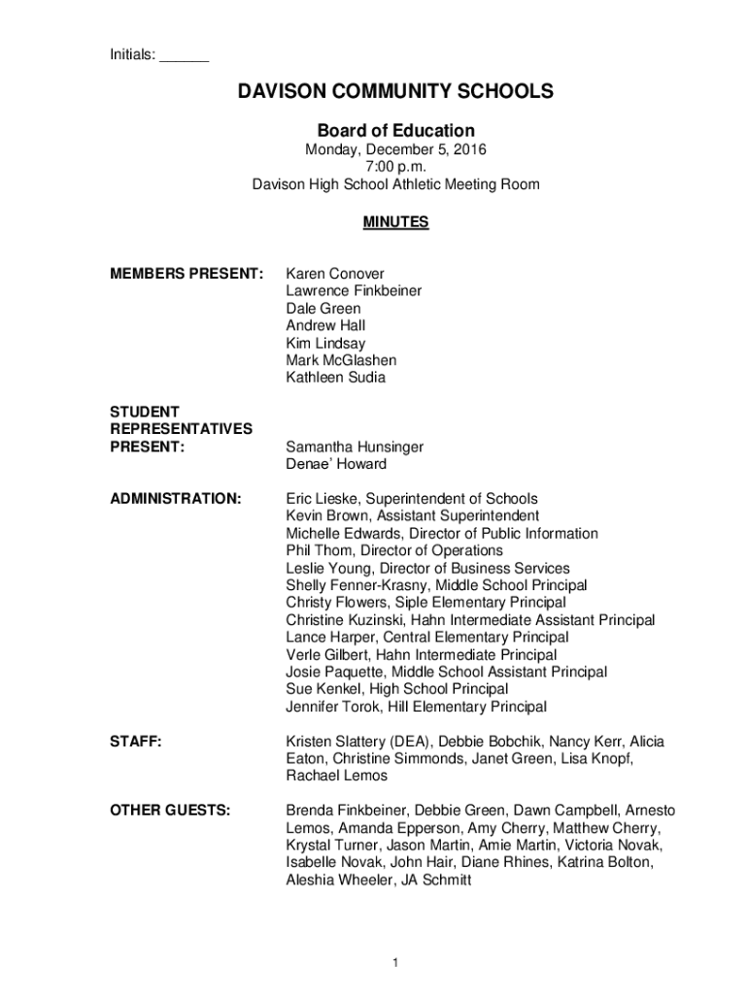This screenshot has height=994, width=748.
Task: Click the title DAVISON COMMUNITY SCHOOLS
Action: tap(396, 92)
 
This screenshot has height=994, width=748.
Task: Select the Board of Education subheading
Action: tap(396, 131)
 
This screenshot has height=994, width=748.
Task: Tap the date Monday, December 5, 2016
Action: tap(396, 150)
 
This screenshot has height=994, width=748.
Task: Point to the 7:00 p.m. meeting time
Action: tap(396, 167)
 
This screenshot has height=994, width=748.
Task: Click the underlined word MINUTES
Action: tap(396, 222)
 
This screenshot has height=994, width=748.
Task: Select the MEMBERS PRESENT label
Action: tap(187, 274)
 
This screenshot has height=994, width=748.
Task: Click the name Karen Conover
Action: tap(335, 274)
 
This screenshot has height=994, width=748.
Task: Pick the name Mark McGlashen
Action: tap(341, 360)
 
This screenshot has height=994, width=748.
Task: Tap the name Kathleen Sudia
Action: tap(335, 378)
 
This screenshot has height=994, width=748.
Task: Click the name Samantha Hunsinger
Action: tap(355, 447)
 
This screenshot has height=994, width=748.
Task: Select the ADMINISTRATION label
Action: tap(176, 499)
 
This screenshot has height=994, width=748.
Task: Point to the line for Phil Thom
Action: tap(394, 550)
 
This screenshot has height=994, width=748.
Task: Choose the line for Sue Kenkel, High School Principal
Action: tap(396, 689)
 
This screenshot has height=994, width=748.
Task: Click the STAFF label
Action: tap(135, 742)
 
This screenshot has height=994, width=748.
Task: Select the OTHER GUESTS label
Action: tap(170, 811)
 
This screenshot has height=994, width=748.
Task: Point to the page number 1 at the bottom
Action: tap(396, 962)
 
